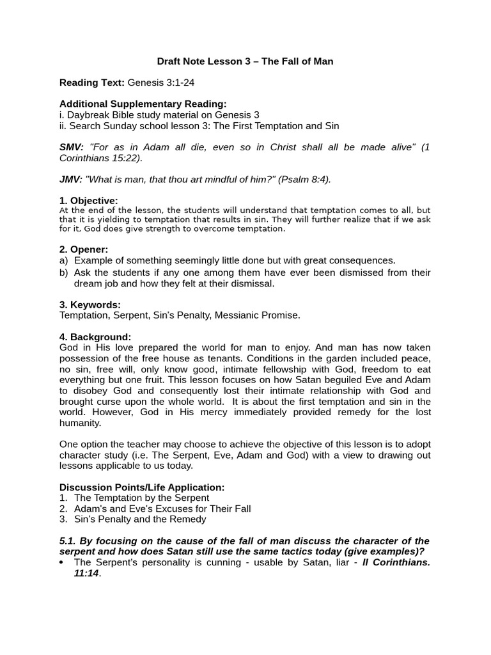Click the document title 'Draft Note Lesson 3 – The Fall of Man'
tap(245, 61)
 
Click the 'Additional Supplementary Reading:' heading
tap(143, 104)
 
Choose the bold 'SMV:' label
tap(72, 147)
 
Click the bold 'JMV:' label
tap(70, 179)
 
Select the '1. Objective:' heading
tap(89, 201)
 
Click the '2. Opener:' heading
tap(84, 249)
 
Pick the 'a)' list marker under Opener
tap(63, 260)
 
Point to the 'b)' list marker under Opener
tap(63, 272)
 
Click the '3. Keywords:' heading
tap(90, 304)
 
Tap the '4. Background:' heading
tap(95, 336)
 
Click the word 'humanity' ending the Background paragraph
tap(80, 423)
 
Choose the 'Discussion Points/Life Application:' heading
tap(142, 487)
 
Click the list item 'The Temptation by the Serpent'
tap(141, 498)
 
